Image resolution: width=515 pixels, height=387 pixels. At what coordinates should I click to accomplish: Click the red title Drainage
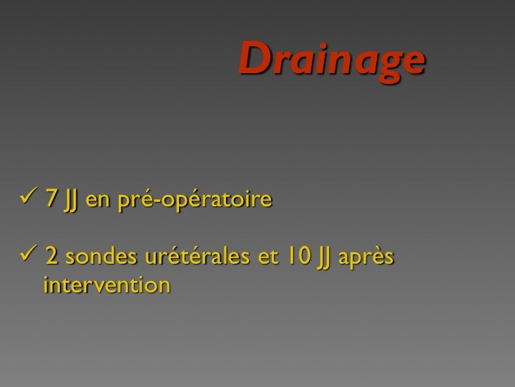coord(332,61)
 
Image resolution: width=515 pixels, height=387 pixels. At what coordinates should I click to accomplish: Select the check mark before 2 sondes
coord(28,253)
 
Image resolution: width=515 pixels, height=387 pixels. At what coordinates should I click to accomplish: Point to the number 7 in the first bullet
coord(51,198)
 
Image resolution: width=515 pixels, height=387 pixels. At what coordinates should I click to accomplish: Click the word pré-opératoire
coord(195,199)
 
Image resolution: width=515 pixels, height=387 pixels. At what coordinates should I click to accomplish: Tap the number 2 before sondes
coord(52,256)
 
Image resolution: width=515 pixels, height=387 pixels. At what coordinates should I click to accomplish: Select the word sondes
coord(101,256)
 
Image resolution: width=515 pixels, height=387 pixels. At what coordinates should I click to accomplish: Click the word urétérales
coord(197,256)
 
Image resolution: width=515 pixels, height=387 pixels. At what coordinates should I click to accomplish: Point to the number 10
coord(298,256)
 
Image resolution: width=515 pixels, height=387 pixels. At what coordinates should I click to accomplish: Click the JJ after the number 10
coord(323,258)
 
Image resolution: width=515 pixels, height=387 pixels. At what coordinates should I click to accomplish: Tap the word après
coord(366,257)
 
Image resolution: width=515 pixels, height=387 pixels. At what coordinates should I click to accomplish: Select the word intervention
coord(107,285)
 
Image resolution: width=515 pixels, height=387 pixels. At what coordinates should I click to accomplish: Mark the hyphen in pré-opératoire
coord(157,201)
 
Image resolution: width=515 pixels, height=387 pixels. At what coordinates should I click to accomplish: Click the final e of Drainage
coord(414,62)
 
